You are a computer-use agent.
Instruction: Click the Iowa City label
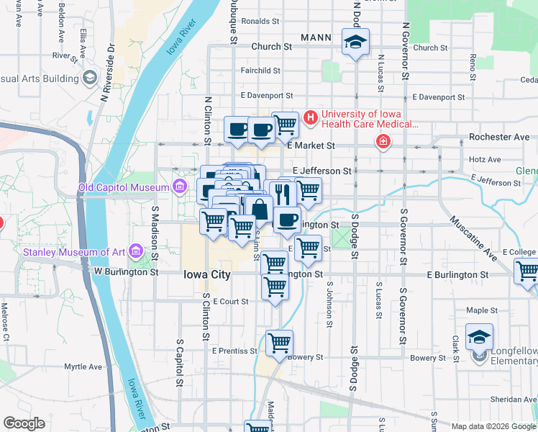click(x=207, y=275)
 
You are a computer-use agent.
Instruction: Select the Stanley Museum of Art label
click(x=74, y=252)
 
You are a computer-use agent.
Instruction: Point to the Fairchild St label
click(x=260, y=71)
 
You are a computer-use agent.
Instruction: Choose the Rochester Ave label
click(x=498, y=136)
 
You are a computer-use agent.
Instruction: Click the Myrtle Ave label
click(x=83, y=366)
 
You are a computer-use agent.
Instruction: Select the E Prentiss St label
click(x=234, y=351)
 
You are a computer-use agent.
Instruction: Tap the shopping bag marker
click(x=260, y=210)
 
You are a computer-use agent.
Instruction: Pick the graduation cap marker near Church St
click(x=355, y=41)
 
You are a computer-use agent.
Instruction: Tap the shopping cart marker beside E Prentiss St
click(x=279, y=342)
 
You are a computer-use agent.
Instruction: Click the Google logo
click(x=24, y=423)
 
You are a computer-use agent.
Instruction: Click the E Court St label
click(x=230, y=302)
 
